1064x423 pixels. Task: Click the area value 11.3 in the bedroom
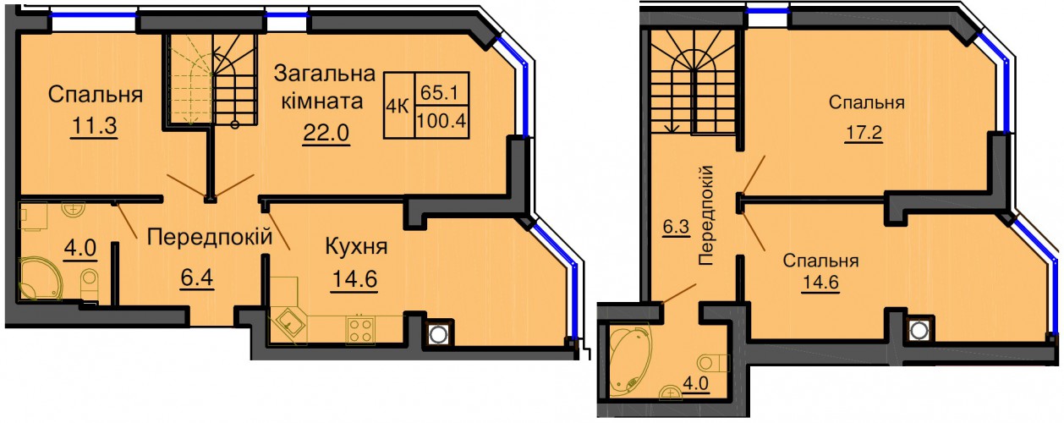pyautogui.click(x=95, y=127)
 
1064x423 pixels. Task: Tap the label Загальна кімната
pyautogui.click(x=325, y=87)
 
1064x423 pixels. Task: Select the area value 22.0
pyautogui.click(x=326, y=133)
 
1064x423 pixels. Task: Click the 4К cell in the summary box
pyautogui.click(x=398, y=107)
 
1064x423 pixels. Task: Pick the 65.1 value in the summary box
pyautogui.click(x=439, y=92)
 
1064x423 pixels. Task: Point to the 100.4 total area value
pyautogui.click(x=442, y=121)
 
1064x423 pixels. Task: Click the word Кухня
pyautogui.click(x=356, y=247)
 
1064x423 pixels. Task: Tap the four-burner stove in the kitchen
pyautogui.click(x=360, y=329)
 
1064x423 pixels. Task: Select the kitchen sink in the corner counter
pyautogui.click(x=288, y=323)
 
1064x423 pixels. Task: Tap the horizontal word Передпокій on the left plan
pyautogui.click(x=210, y=236)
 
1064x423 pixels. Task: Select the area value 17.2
pyautogui.click(x=863, y=133)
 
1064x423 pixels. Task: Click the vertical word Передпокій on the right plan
pyautogui.click(x=706, y=215)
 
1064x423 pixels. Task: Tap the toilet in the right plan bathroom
pyautogui.click(x=713, y=364)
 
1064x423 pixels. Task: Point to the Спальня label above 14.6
pyautogui.click(x=820, y=261)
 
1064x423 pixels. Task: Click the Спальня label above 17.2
pyautogui.click(x=867, y=102)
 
